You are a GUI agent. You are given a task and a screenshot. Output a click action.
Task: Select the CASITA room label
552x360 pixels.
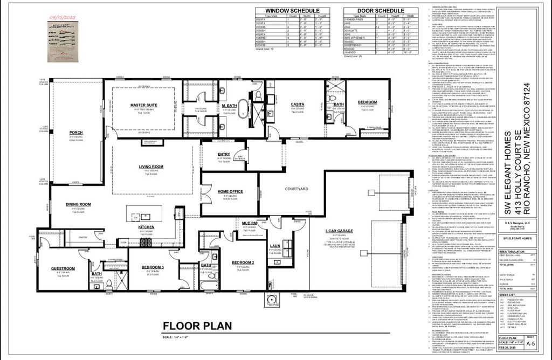pyautogui.click(x=297, y=104)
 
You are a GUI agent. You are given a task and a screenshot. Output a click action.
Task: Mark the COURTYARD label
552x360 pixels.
pyautogui.click(x=296, y=189)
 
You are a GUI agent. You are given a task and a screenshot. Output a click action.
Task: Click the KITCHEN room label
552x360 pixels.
pyautogui.click(x=147, y=227)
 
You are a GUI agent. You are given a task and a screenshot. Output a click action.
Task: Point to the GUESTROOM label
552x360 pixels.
pyautogui.click(x=63, y=268)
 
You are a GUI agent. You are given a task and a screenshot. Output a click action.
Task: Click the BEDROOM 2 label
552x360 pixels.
pyautogui.click(x=243, y=262)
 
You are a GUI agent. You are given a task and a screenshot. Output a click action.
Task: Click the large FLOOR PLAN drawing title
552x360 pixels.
pyautogui.click(x=197, y=326)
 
